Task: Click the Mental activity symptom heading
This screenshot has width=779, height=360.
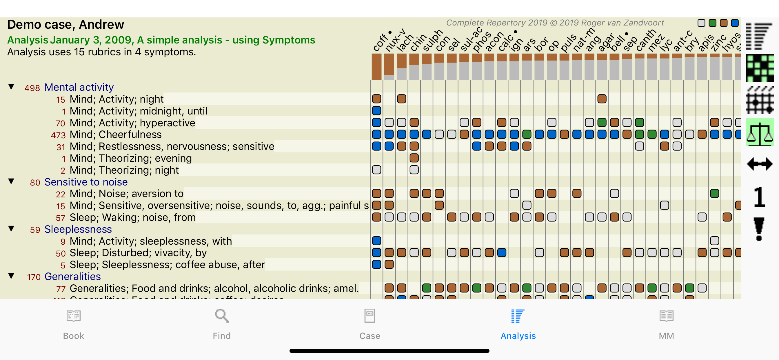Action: pyautogui.click(x=79, y=87)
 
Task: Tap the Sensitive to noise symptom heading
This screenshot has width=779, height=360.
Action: pyautogui.click(x=86, y=182)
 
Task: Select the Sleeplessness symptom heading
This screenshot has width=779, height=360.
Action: pyautogui.click(x=78, y=229)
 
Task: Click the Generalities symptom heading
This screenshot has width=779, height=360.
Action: pyautogui.click(x=72, y=277)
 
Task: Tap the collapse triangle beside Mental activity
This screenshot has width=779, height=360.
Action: pyautogui.click(x=11, y=87)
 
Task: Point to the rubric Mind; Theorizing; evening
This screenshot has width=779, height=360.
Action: pyautogui.click(x=130, y=158)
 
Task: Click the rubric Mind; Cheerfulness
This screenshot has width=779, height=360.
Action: pyautogui.click(x=116, y=134)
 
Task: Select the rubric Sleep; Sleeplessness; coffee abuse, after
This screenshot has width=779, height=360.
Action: pyautogui.click(x=167, y=265)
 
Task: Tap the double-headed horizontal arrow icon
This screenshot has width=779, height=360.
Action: pyautogui.click(x=759, y=164)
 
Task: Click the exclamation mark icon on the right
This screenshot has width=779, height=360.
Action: pyautogui.click(x=759, y=229)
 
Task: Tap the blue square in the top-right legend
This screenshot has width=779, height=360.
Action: pyautogui.click(x=735, y=23)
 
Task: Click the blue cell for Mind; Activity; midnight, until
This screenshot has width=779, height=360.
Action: pyautogui.click(x=376, y=111)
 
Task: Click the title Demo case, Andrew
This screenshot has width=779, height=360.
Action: pyautogui.click(x=65, y=25)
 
